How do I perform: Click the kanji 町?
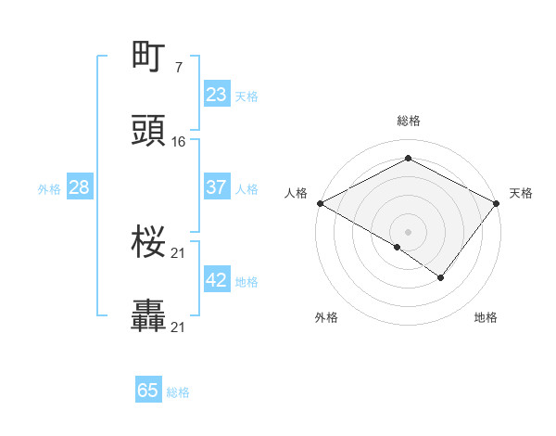pos(149,58)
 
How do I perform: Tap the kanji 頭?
pos(149,132)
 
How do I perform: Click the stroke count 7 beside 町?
pos(178,67)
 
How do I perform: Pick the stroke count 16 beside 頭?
pos(179,141)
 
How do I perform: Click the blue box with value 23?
pos(216,95)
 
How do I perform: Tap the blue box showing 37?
pos(216,187)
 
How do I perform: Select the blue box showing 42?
pos(216,280)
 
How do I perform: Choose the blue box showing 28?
pos(80,187)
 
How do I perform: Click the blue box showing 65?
pos(148,391)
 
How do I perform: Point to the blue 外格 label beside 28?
pos(49,188)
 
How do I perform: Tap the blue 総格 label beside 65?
pos(178,392)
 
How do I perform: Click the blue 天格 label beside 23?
pos(246,96)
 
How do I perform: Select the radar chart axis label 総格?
pos(408,121)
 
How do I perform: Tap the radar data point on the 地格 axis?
pos(441,277)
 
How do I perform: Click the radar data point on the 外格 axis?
pos(398,247)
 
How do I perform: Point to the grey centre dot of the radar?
pos(408,231)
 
